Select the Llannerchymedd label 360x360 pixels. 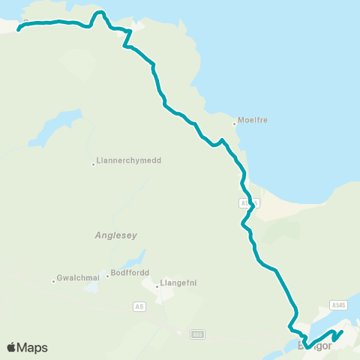point(130,160)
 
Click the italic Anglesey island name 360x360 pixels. point(116,235)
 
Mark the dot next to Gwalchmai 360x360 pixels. point(54,281)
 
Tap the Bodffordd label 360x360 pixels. point(130,272)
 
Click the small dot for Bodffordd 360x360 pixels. point(108,276)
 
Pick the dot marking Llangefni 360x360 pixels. point(157,285)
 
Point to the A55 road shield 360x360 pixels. point(197,334)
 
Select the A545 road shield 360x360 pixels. point(339,305)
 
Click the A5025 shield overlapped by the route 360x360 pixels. point(249,203)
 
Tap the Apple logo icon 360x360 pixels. point(11,347)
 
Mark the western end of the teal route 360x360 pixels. point(18,31)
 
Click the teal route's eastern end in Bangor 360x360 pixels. point(342,331)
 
